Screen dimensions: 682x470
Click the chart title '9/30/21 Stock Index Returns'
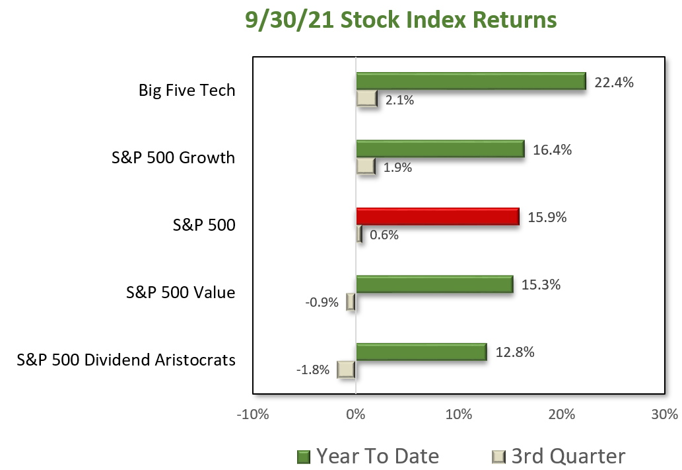[401, 20]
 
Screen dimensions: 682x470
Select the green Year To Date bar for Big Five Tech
[471, 81]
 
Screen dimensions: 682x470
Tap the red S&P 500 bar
[438, 216]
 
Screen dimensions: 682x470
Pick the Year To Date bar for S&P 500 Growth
[440, 149]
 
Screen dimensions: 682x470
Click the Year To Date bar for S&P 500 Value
[434, 284]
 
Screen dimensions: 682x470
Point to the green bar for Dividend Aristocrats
[421, 352]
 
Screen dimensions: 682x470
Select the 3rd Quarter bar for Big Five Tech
[366, 99]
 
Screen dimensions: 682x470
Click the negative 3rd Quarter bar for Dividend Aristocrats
[346, 370]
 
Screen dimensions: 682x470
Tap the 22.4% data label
[614, 83]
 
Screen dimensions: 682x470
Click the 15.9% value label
[547, 217]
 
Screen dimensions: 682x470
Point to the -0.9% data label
[322, 302]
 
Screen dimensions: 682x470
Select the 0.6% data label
[384, 235]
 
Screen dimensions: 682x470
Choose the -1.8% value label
[313, 370]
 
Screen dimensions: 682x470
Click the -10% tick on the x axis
[253, 414]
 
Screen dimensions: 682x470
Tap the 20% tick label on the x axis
[562, 414]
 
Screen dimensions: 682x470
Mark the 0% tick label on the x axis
[356, 414]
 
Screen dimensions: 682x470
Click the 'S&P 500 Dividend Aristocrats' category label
[126, 360]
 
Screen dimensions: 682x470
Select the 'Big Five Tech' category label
[187, 90]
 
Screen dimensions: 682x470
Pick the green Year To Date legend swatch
[304, 457]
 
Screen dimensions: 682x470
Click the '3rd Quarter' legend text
[568, 456]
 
